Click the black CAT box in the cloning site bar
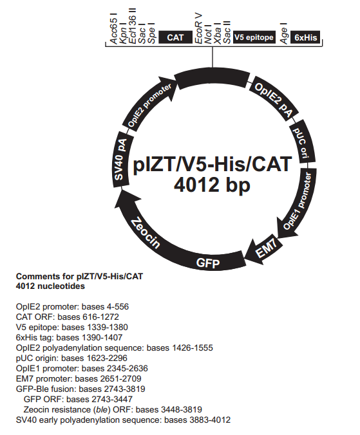[175, 37]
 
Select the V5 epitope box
[254, 37]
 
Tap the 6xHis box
[305, 37]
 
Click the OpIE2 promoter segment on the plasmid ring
[149, 102]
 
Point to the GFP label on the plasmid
[207, 264]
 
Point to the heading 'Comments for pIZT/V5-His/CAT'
[79, 277]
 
